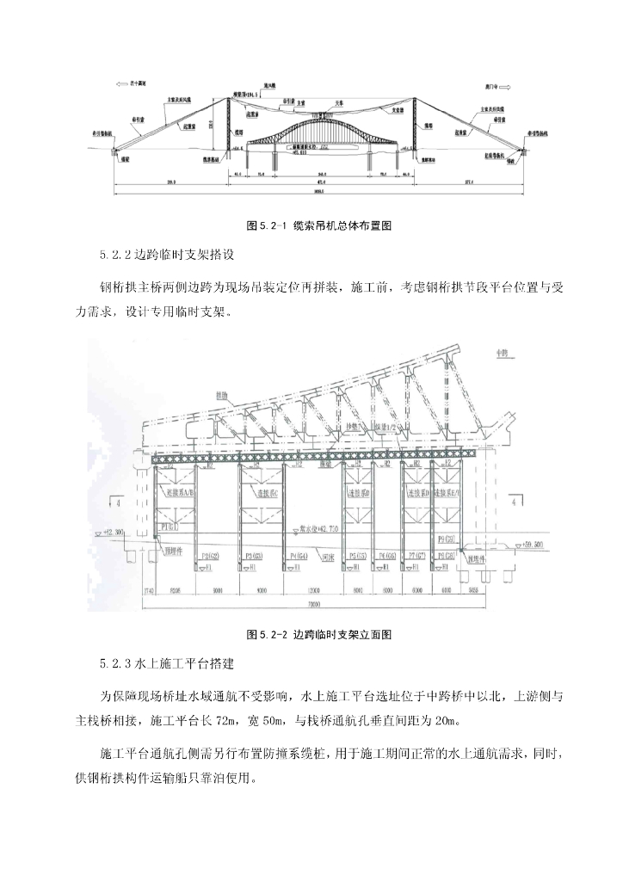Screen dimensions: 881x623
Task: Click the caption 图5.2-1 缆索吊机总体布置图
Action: pyautogui.click(x=318, y=225)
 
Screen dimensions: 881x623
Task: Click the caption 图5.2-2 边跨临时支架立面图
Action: pyautogui.click(x=318, y=635)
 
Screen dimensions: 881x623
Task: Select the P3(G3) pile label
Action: pyautogui.click(x=254, y=558)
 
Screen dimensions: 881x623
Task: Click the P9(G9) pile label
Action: pyautogui.click(x=446, y=539)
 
